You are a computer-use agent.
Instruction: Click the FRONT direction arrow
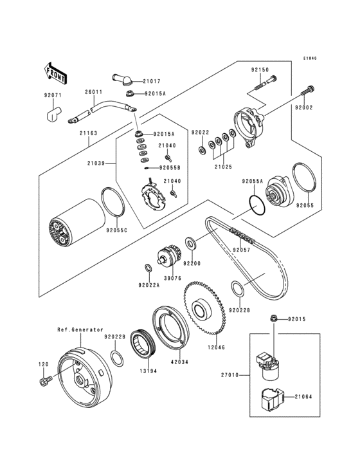(x=55, y=73)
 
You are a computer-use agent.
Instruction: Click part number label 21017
(x=152, y=81)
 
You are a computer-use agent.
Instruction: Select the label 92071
(x=53, y=95)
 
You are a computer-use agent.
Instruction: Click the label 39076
(x=172, y=278)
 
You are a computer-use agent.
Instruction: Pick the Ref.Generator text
(x=80, y=329)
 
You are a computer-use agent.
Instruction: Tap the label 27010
(x=230, y=375)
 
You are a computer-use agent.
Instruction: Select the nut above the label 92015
(x=273, y=318)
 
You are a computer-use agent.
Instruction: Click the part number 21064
(x=303, y=397)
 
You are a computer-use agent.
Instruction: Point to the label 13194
(x=148, y=371)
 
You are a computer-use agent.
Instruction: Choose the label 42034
(x=179, y=362)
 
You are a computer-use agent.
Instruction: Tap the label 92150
(x=260, y=69)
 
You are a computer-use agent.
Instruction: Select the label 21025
(x=223, y=167)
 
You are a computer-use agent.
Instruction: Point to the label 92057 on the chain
(x=242, y=250)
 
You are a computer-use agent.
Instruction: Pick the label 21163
(x=89, y=133)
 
